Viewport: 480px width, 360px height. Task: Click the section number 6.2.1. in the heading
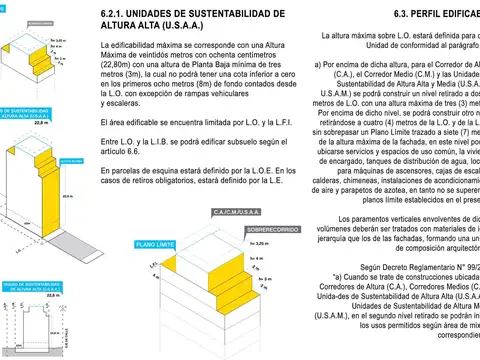tap(118, 12)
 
